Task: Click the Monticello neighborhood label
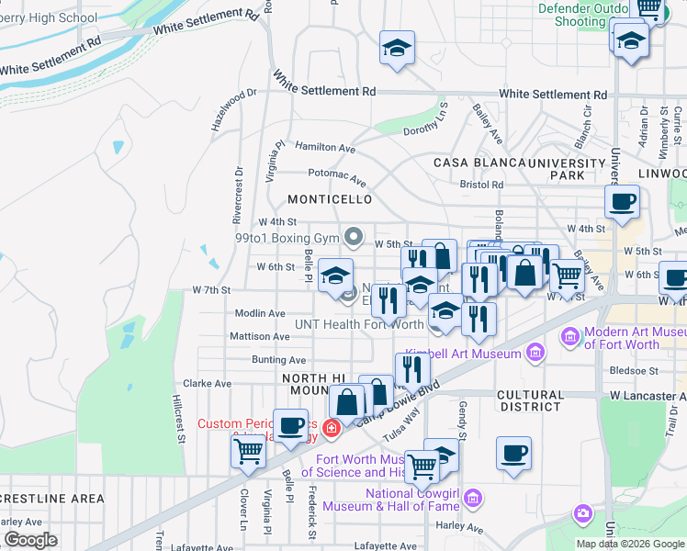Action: click(x=330, y=199)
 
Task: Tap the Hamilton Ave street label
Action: click(x=325, y=147)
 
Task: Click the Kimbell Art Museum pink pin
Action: click(x=534, y=354)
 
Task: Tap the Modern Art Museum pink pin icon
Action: click(x=570, y=337)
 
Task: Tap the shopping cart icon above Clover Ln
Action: click(x=248, y=450)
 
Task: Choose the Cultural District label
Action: click(x=529, y=400)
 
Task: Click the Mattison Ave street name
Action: click(x=261, y=337)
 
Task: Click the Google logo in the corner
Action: click(x=30, y=540)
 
